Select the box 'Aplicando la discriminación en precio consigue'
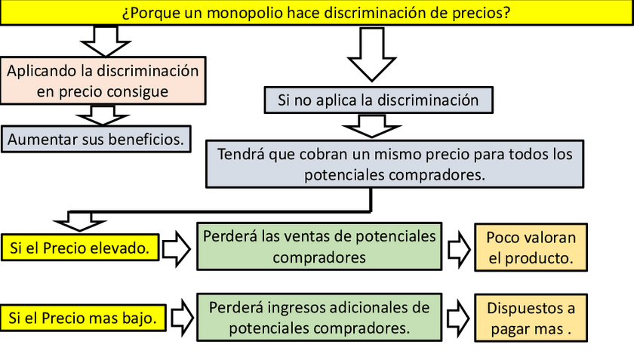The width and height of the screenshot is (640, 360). (x=103, y=82)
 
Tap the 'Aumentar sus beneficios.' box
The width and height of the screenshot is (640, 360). (x=95, y=139)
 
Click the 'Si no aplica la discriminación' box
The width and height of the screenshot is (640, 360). (x=378, y=99)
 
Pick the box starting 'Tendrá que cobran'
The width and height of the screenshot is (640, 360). (x=395, y=164)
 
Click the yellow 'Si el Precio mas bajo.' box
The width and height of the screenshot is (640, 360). (x=82, y=318)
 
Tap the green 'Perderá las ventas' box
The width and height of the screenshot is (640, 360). (x=319, y=246)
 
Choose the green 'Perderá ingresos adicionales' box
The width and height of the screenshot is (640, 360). (x=319, y=318)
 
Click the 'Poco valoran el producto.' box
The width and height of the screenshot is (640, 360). (x=531, y=247)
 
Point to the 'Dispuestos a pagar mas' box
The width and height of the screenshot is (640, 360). (x=531, y=318)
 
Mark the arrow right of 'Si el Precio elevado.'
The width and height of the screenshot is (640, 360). (x=178, y=248)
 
